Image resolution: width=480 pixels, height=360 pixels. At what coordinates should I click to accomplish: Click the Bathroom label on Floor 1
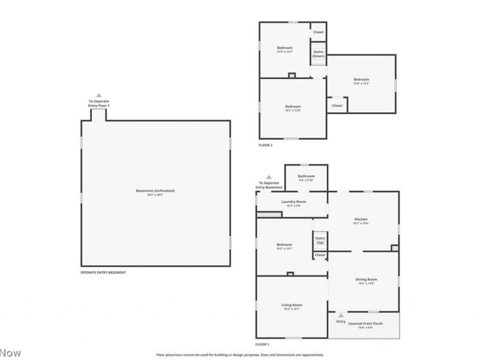(x=306, y=176)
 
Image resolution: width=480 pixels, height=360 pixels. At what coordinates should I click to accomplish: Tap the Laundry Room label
(x=293, y=202)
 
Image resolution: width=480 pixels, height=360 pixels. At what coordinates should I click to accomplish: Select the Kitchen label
(x=361, y=219)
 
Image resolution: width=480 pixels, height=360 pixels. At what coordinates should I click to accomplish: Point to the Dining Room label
(x=365, y=279)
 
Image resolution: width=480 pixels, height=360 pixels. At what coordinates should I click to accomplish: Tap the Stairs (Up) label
(x=320, y=240)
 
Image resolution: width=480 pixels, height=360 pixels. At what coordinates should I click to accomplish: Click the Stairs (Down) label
(x=318, y=53)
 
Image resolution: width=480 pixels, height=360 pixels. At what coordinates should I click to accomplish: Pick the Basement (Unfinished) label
(x=155, y=191)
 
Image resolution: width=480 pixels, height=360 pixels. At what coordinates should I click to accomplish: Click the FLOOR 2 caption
(x=265, y=145)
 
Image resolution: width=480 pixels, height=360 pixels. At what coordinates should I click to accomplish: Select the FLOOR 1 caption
(x=262, y=344)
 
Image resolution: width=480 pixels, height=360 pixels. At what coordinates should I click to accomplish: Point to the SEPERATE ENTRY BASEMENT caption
(x=103, y=272)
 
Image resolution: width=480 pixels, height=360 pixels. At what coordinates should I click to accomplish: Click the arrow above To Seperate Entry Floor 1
(x=99, y=95)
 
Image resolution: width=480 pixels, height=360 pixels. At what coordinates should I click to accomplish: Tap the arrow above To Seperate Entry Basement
(x=269, y=177)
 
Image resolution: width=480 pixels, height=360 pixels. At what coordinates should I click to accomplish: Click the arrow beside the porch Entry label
(x=341, y=315)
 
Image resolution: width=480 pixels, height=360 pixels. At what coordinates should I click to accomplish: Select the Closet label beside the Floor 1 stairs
(x=320, y=255)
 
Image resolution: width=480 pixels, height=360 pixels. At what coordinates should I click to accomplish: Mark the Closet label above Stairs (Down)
(x=318, y=32)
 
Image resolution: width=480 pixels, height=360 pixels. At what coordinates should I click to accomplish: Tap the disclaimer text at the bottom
(x=240, y=355)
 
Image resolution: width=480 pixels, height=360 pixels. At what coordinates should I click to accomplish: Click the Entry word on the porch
(x=341, y=322)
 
